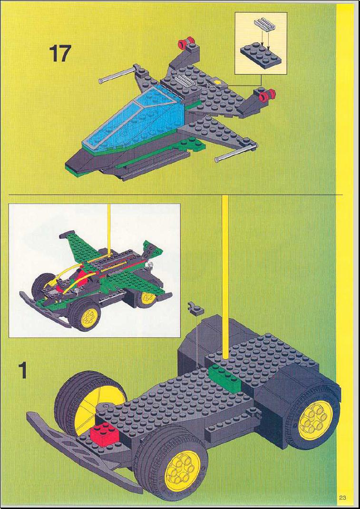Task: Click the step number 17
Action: point(59,54)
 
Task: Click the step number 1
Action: point(22,371)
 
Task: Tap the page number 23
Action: point(342,498)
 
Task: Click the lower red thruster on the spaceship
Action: point(267,94)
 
